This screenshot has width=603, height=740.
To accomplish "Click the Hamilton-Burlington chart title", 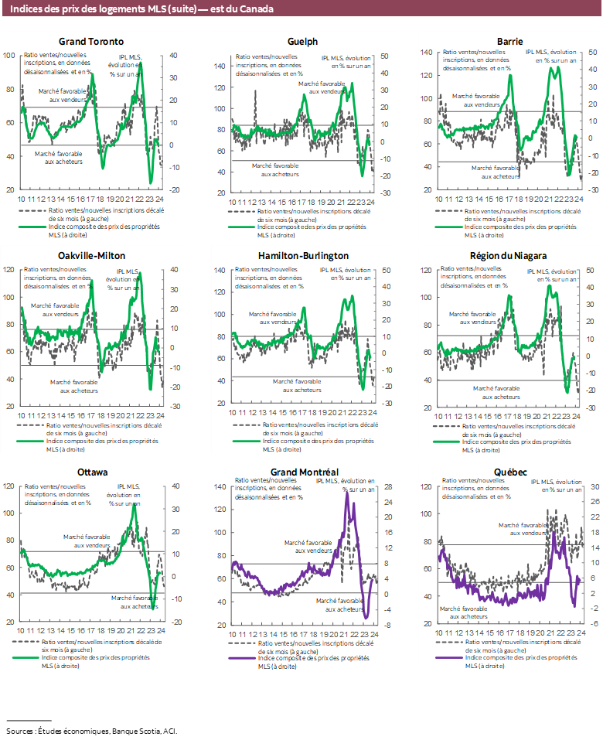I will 302,255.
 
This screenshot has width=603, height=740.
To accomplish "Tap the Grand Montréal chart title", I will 302,472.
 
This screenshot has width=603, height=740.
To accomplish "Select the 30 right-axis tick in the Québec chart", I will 595,486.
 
